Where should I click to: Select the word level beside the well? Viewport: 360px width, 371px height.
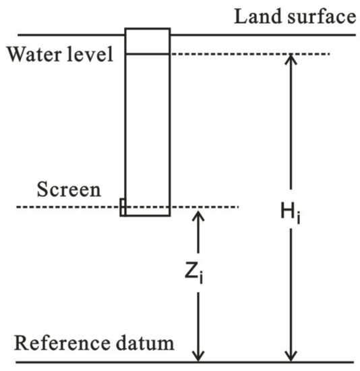(94, 54)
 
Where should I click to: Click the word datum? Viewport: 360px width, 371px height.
(146, 343)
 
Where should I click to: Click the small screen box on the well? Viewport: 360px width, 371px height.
(123, 206)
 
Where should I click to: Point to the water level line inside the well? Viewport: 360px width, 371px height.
(148, 54)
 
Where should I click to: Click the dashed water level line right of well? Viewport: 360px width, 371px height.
(249, 54)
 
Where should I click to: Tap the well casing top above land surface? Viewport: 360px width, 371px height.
(148, 29)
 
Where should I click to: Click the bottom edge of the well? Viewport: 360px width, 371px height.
(148, 216)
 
